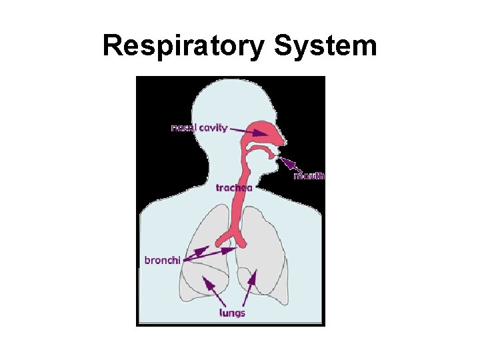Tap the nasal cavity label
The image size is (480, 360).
click(199, 127)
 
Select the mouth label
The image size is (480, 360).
click(309, 176)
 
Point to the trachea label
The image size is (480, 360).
click(234, 188)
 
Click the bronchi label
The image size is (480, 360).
click(162, 260)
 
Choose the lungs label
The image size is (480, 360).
click(233, 313)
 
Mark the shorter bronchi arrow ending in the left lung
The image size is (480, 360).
click(195, 253)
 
